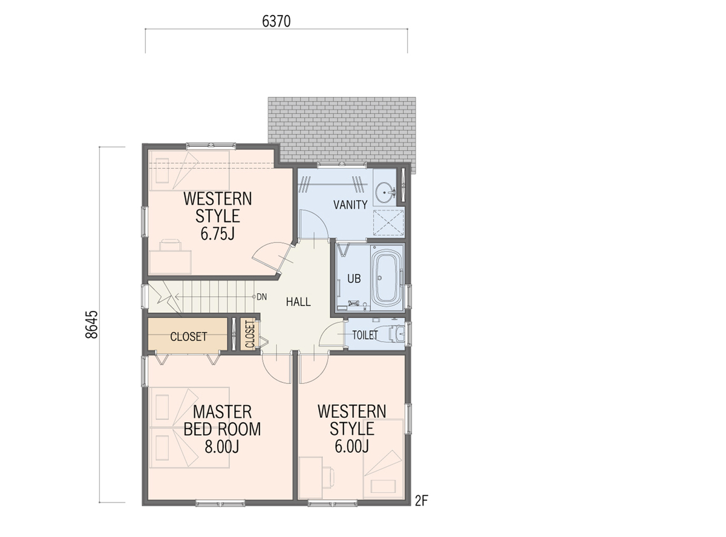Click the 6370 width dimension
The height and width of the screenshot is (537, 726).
coord(276,22)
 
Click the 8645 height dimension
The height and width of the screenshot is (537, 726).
coord(91,324)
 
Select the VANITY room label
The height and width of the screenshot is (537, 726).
coord(350,205)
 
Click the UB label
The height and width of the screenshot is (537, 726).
coord(354,279)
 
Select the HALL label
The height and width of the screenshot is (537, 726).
coord(298,302)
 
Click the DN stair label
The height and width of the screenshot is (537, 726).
coord(262,297)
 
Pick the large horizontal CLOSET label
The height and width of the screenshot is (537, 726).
coord(189,336)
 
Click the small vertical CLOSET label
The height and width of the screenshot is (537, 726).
coord(250,334)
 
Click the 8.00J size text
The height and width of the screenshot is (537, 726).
coord(221,446)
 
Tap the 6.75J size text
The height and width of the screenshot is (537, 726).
coord(218,233)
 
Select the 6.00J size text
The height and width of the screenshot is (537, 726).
coord(352,446)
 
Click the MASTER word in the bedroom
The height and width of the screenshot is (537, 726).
coord(222,412)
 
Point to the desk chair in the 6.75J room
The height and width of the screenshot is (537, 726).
coord(170,246)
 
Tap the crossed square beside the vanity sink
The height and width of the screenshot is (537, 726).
coord(388,223)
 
